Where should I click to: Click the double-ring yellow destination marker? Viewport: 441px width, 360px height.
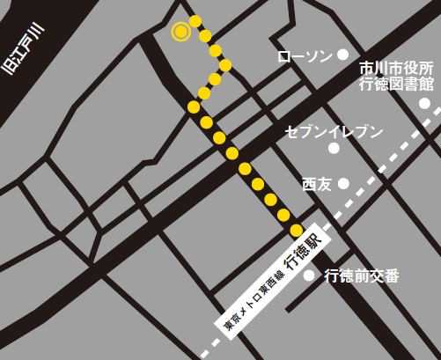click(x=180, y=32)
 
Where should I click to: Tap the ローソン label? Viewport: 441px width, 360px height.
click(x=305, y=56)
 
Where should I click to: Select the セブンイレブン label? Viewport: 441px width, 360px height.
click(x=334, y=132)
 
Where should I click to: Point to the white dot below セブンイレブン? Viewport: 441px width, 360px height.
click(x=334, y=148)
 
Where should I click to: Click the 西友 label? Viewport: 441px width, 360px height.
click(x=316, y=184)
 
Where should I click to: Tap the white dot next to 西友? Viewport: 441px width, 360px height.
click(x=343, y=183)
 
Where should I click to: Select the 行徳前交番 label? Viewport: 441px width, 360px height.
click(x=362, y=276)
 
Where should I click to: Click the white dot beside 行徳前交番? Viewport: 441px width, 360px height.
click(x=309, y=275)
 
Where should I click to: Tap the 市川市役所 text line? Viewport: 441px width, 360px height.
click(x=397, y=68)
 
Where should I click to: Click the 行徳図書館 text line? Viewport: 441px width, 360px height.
click(x=397, y=84)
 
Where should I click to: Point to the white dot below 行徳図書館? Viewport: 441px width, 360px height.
click(x=424, y=103)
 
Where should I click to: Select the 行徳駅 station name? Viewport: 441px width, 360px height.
click(x=304, y=249)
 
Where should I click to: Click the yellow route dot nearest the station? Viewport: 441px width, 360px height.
click(x=297, y=229)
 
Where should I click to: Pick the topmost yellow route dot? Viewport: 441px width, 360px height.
click(x=197, y=20)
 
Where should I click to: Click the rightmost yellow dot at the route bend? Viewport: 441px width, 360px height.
click(x=225, y=64)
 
